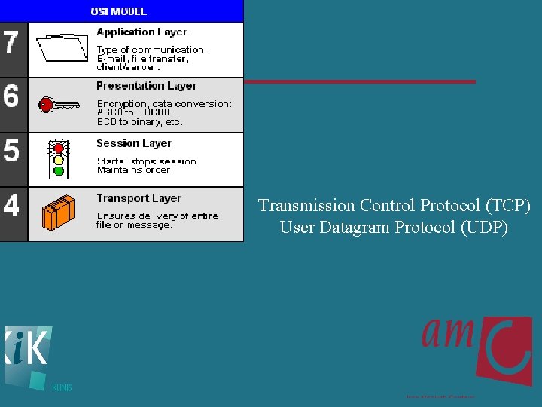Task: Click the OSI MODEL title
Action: [118, 11]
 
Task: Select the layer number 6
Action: [11, 96]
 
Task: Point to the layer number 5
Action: [11, 150]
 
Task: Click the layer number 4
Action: [11, 205]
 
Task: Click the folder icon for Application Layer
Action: [62, 47]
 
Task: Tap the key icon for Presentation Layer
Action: [59, 103]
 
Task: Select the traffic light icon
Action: [58, 158]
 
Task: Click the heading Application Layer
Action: [142, 32]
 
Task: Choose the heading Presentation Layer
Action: [146, 86]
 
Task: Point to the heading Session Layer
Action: [134, 143]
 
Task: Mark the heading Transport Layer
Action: [139, 198]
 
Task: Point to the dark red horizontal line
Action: [360, 81]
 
